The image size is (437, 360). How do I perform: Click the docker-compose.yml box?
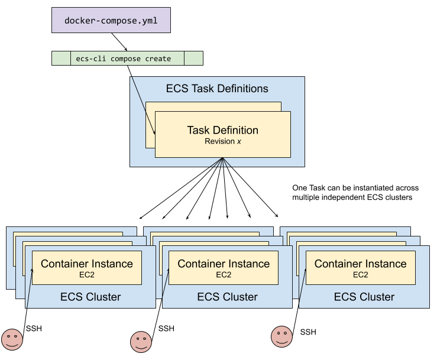click(x=111, y=20)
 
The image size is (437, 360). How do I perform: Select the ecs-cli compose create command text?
click(x=123, y=59)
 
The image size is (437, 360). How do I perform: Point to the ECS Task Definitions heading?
click(x=217, y=89)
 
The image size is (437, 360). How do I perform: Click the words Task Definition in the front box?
click(x=222, y=130)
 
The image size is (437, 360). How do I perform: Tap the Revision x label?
click(x=222, y=141)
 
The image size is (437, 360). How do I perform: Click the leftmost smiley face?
click(x=12, y=339)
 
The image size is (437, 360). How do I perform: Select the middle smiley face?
click(x=141, y=341)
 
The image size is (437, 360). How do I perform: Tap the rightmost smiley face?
click(x=282, y=336)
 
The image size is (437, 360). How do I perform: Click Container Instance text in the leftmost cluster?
click(x=87, y=264)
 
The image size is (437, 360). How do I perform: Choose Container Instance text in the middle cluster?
click(x=224, y=264)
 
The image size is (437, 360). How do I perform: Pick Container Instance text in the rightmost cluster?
click(x=360, y=264)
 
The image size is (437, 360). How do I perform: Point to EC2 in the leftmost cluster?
click(x=87, y=275)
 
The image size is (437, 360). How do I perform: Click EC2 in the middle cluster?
click(x=224, y=275)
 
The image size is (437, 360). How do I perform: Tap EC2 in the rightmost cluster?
click(x=360, y=275)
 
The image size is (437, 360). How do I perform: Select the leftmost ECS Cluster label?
click(x=90, y=297)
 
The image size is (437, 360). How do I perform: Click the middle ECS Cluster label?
click(x=227, y=297)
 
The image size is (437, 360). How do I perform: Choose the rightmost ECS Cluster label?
click(x=364, y=297)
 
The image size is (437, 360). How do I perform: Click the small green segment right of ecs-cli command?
click(x=193, y=59)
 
